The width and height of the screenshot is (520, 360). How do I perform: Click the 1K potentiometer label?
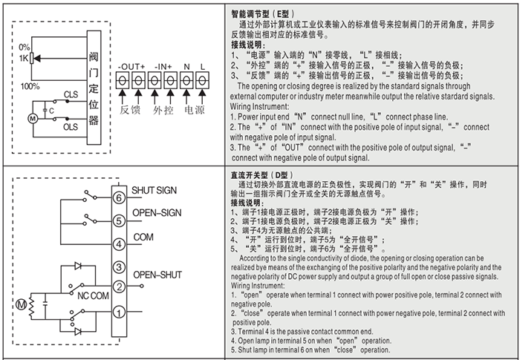coord(24,58)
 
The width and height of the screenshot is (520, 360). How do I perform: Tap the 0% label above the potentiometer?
coord(26,48)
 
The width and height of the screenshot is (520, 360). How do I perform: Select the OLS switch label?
coord(71,127)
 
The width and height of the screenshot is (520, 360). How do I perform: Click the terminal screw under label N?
coord(186,79)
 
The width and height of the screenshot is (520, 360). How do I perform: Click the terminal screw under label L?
coord(203,79)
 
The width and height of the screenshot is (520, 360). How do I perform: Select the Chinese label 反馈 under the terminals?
coord(131,110)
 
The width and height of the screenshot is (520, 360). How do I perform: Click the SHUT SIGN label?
coord(155,191)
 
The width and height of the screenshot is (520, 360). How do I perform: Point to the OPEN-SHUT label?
coord(157,274)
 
